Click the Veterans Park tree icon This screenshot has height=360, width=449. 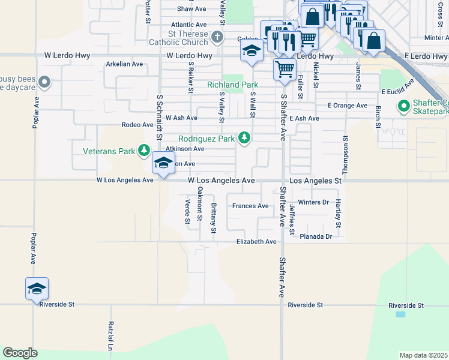click(x=144, y=151)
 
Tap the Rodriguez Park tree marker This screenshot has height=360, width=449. click(x=244, y=139)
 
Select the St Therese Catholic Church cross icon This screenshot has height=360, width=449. click(x=217, y=38)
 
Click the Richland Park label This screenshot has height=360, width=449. click(x=232, y=85)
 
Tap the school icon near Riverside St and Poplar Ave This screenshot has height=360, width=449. click(x=37, y=289)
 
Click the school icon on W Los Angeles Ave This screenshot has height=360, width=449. click(x=163, y=163)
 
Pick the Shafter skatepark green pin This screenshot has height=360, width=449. click(x=404, y=107)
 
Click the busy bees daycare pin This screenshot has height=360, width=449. click(x=44, y=82)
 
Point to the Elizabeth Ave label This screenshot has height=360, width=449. click(x=256, y=242)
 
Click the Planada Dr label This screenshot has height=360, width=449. click(x=316, y=237)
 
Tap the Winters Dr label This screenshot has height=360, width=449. click(x=313, y=202)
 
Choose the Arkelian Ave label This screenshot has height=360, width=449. click(x=124, y=64)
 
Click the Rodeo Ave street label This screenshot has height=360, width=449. click(x=137, y=125)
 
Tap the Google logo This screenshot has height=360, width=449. click(x=20, y=353)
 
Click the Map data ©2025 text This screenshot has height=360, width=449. click(x=423, y=355)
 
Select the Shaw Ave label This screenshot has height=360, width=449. click(x=191, y=9)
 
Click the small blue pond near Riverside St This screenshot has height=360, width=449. click(x=400, y=314)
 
